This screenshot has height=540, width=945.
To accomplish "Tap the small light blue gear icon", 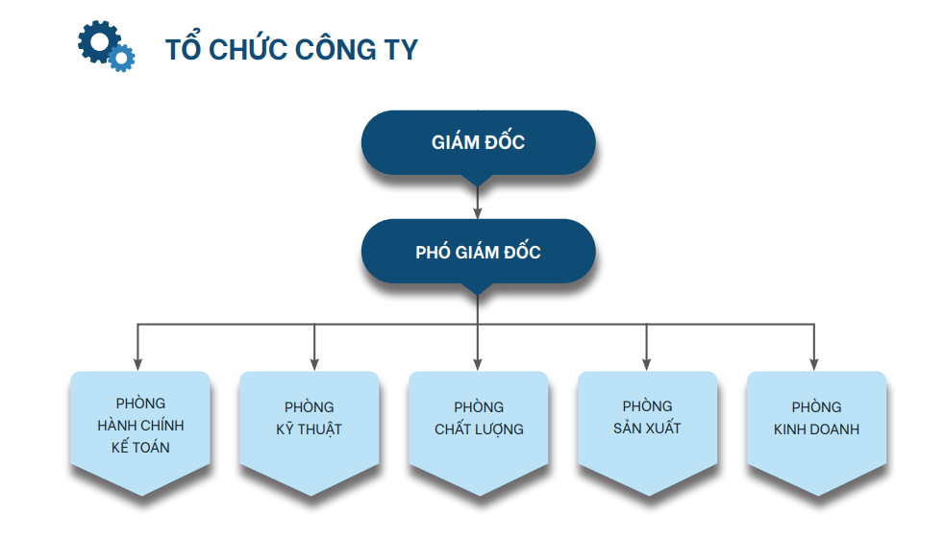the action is (x=121, y=58).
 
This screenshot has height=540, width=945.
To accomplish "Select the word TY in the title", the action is (x=400, y=49).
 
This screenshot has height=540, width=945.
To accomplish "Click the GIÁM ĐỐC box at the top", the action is (x=478, y=143).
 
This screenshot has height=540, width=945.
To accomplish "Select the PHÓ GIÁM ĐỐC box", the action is (x=478, y=252).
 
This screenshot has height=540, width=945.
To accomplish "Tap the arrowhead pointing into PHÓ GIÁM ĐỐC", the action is (x=478, y=213).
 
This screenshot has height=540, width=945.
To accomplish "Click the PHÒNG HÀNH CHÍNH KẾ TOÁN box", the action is (x=140, y=430).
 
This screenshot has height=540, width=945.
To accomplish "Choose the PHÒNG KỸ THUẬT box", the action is (x=310, y=430).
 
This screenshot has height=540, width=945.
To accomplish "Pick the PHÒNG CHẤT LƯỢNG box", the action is (x=479, y=430).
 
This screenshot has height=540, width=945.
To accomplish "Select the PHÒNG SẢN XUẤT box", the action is (x=647, y=430).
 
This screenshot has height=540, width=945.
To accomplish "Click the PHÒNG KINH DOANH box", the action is (x=816, y=430).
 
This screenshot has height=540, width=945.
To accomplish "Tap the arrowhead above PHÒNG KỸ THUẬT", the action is (x=314, y=364).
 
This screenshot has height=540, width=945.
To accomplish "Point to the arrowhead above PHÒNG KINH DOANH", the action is (x=814, y=364).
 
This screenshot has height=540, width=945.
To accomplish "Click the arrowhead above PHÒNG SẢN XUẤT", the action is (x=647, y=364).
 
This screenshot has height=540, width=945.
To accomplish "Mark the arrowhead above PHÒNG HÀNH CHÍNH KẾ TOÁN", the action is (x=138, y=364).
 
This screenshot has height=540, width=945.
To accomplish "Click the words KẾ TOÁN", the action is (x=140, y=447).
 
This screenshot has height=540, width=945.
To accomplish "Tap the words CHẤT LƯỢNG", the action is (x=479, y=430).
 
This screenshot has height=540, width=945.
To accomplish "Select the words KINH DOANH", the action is (x=816, y=430).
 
